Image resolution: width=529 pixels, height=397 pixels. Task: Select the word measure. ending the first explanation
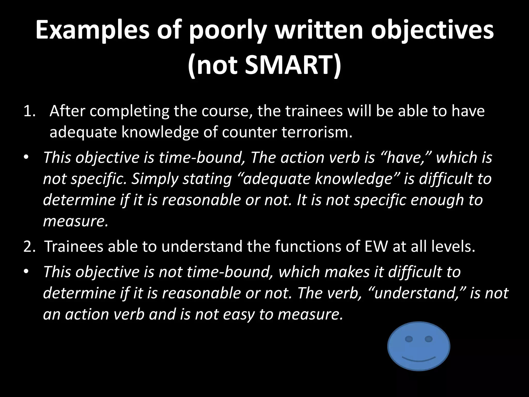75,221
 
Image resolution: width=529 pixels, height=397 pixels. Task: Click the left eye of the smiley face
409,339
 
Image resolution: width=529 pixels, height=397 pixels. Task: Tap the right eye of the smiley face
429,339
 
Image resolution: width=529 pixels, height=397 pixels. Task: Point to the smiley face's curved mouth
419,360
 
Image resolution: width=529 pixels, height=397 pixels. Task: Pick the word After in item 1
67,111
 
